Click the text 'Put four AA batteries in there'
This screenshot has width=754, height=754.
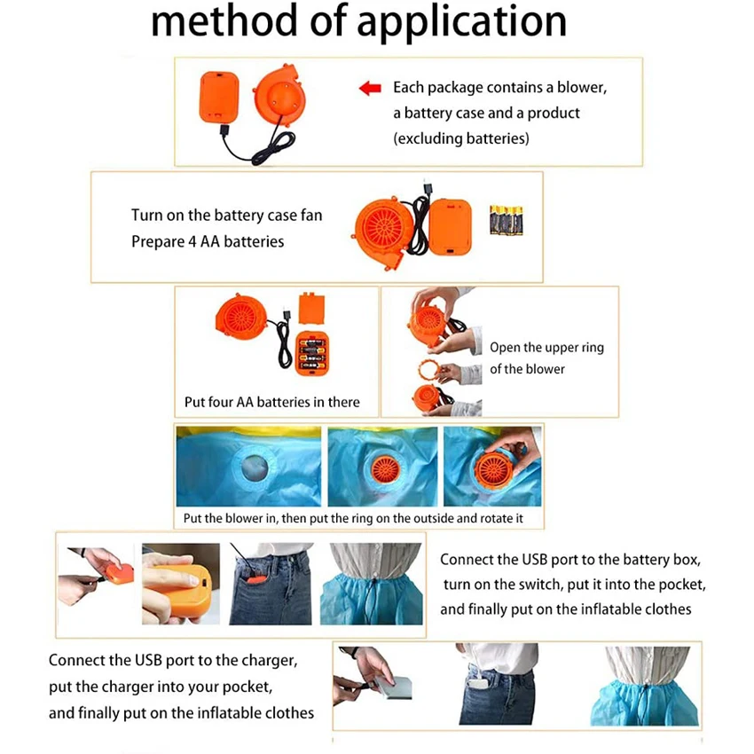tap(271, 402)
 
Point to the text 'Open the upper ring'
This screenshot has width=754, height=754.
tap(546, 347)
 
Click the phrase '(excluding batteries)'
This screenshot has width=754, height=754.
tap(461, 138)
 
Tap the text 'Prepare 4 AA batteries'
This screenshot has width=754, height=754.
tap(208, 241)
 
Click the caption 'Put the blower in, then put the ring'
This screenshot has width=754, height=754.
tap(350, 518)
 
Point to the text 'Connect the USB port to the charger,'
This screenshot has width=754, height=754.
tap(173, 661)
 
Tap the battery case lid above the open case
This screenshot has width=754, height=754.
tap(310, 308)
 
